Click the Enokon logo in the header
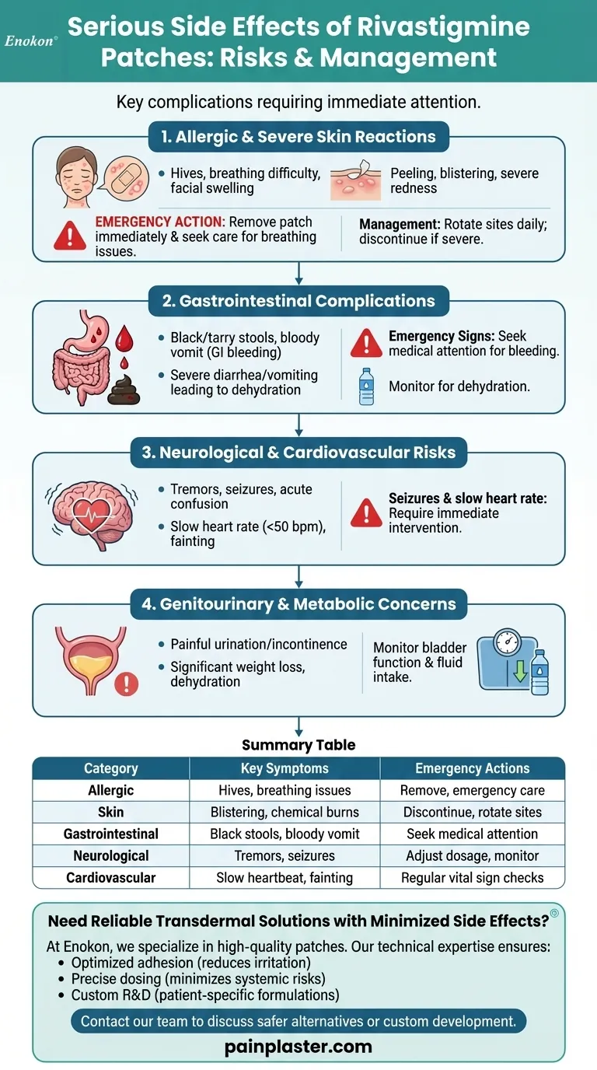click(31, 40)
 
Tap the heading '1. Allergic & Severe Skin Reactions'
click(298, 137)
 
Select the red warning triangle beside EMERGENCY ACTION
click(70, 234)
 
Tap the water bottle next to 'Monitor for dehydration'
click(366, 386)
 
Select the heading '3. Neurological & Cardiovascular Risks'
click(298, 453)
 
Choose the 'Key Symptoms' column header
click(285, 768)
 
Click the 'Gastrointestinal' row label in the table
click(110, 834)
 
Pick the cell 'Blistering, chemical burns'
click(285, 812)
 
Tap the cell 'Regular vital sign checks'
click(472, 877)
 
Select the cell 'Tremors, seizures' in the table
click(285, 855)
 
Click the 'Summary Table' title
click(298, 745)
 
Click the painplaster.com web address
click(298, 1047)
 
